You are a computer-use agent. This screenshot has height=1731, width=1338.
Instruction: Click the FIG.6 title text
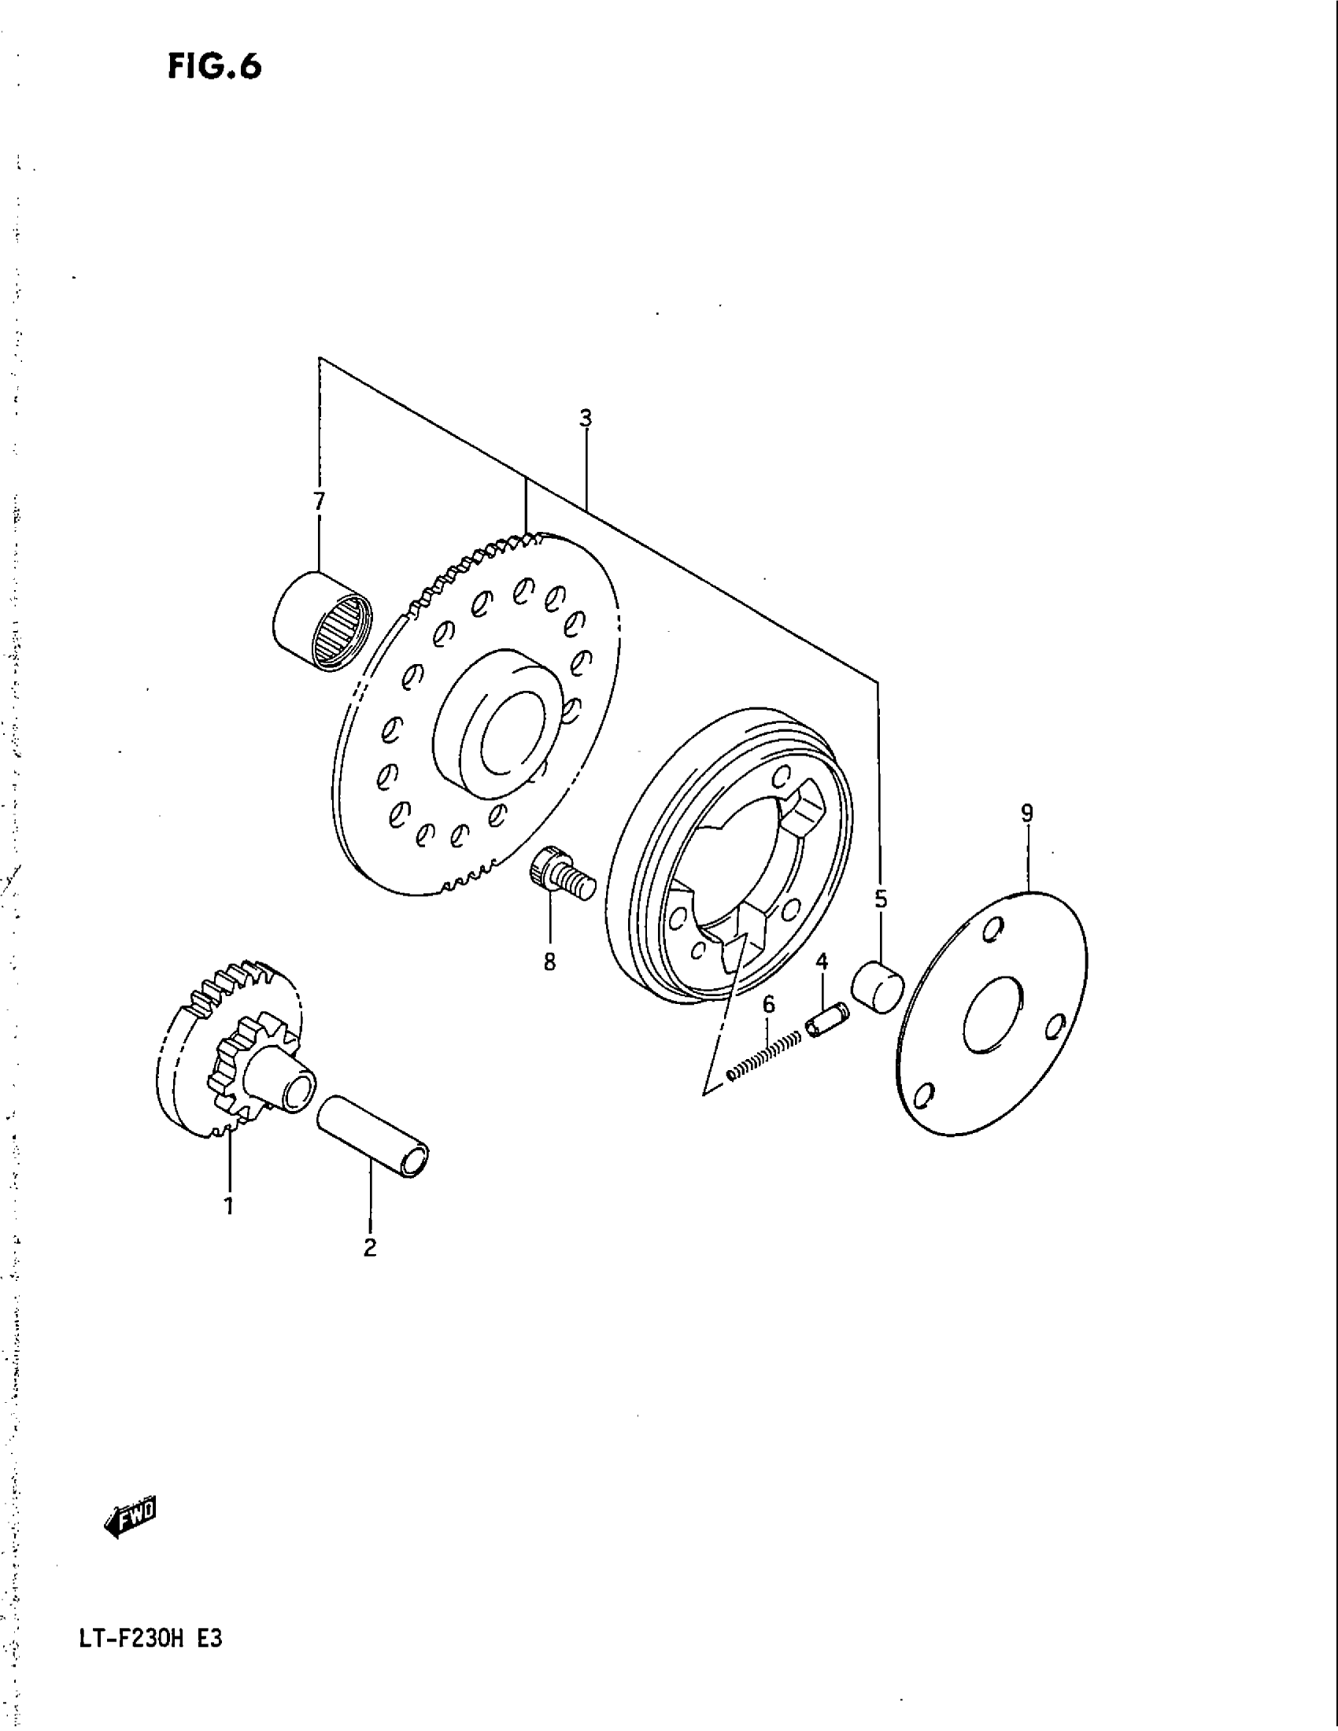(214, 68)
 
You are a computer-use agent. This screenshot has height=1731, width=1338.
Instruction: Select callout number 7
(318, 501)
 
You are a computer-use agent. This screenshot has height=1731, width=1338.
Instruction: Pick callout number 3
(585, 418)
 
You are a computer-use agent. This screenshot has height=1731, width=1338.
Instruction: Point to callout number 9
(1026, 813)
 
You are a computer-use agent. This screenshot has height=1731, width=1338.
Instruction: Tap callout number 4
(822, 962)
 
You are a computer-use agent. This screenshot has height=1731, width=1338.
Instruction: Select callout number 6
(768, 1005)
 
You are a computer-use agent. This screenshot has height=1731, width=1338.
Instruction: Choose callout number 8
(549, 962)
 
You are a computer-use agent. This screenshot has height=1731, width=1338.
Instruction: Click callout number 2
(369, 1248)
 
